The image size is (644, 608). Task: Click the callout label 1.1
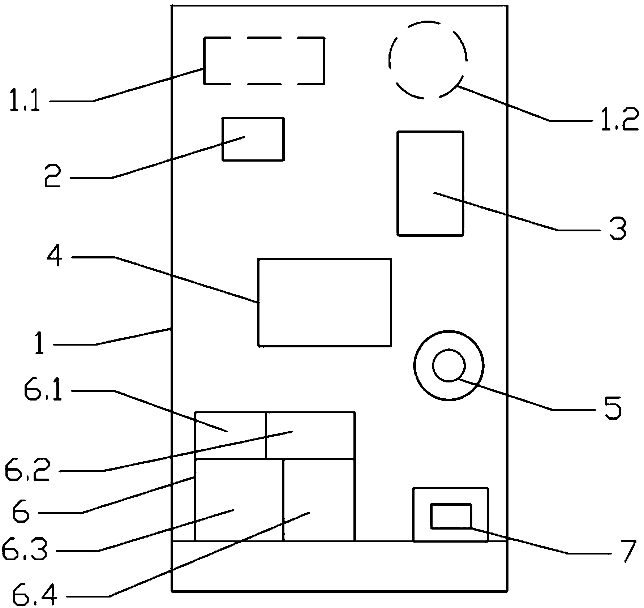pos(25,101)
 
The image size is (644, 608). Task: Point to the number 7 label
pos(624,552)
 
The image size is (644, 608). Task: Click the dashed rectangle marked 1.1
pos(264,38)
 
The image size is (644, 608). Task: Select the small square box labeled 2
pos(253,139)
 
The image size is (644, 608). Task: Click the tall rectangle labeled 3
pos(430,184)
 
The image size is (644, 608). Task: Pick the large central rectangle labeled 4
pos(325,303)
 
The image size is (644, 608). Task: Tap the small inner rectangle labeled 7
pos(451,516)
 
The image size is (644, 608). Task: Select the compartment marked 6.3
pos(239,500)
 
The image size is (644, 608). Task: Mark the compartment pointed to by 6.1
pos(231,436)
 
